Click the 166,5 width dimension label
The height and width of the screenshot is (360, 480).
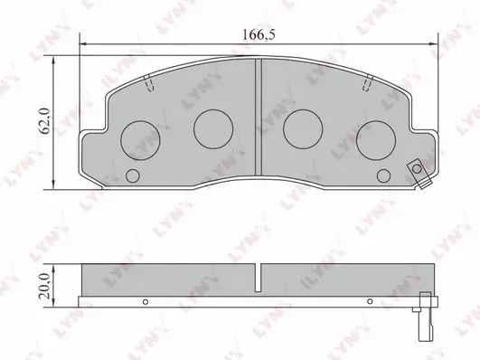[x=259, y=34]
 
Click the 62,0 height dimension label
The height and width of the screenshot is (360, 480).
[x=45, y=121]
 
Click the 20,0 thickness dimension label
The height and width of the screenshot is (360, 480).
[x=45, y=286]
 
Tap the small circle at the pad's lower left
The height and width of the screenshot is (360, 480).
[x=133, y=175]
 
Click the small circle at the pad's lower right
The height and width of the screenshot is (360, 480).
[x=383, y=175]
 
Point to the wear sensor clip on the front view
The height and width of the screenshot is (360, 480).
[x=419, y=174]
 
